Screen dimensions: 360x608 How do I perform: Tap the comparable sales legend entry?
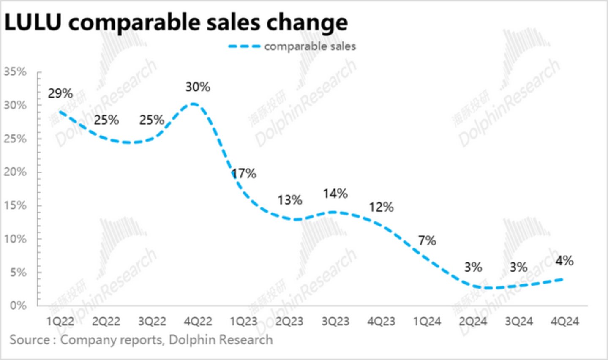[x=309, y=46]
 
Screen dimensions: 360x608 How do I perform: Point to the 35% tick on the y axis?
[x=15, y=72]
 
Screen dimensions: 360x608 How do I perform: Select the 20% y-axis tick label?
[x=15, y=172]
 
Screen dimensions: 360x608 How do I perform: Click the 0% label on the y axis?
[x=18, y=305]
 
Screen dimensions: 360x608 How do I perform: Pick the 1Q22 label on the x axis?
[x=60, y=322]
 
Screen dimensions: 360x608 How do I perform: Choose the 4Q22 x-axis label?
[x=198, y=322]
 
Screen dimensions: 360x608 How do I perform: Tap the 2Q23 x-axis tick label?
[x=289, y=322]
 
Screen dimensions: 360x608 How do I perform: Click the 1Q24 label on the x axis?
[x=427, y=322]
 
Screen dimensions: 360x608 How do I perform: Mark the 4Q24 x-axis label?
[x=564, y=322]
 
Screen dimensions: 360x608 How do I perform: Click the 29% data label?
[x=60, y=93]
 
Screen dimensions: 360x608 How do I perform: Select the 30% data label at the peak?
[x=198, y=87]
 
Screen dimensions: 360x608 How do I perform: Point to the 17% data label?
[x=244, y=173]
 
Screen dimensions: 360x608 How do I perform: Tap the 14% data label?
[x=335, y=194]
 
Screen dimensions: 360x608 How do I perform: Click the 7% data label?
[x=427, y=240]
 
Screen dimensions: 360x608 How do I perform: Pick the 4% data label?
[x=564, y=261]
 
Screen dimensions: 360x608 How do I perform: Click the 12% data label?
[x=381, y=207]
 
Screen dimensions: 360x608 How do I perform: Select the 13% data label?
[x=289, y=200]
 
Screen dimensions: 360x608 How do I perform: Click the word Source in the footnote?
[x=30, y=340]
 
